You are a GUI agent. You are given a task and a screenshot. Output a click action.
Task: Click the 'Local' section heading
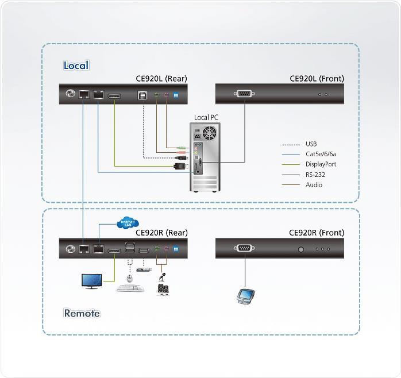coord(76,65)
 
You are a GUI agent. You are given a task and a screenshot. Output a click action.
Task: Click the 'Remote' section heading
coord(82,313)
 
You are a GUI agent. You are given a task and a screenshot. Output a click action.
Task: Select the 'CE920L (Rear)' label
coord(161,79)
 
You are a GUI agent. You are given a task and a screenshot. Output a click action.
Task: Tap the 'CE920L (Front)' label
coord(317,79)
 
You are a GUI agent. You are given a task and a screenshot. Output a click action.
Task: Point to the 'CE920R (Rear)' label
coord(161,233)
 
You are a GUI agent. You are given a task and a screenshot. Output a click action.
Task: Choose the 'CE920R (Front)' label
coord(317,233)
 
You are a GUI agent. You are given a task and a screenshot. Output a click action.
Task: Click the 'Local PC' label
coord(206,118)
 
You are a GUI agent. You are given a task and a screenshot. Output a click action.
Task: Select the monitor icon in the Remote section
coord(91,281)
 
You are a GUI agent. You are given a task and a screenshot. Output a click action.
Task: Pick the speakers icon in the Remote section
coord(163,289)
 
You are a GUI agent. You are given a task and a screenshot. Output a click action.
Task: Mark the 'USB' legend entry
coord(311,144)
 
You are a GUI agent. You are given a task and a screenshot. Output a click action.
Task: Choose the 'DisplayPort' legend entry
coord(321,164)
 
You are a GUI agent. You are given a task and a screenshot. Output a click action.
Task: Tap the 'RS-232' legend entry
coord(315,174)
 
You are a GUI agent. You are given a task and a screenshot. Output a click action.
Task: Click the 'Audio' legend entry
coord(314,184)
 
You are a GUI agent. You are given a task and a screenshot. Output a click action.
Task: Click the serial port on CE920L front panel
coord(244,94)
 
